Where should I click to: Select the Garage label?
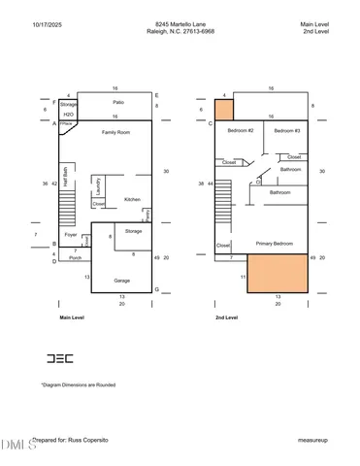pyautogui.click(x=121, y=280)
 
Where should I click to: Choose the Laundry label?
pyautogui.click(x=98, y=184)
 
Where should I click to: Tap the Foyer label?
pyautogui.click(x=70, y=234)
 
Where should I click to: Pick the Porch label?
pyautogui.click(x=75, y=258)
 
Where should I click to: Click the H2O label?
pyautogui.click(x=68, y=114)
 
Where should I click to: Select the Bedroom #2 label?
pyautogui.click(x=240, y=130)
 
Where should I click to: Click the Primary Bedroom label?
pyautogui.click(x=276, y=243)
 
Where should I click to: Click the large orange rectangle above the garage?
pyautogui.click(x=278, y=274)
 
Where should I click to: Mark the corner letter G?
pyautogui.click(x=156, y=289)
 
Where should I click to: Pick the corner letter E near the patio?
pyautogui.click(x=156, y=96)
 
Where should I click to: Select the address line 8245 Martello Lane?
pyautogui.click(x=180, y=23)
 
